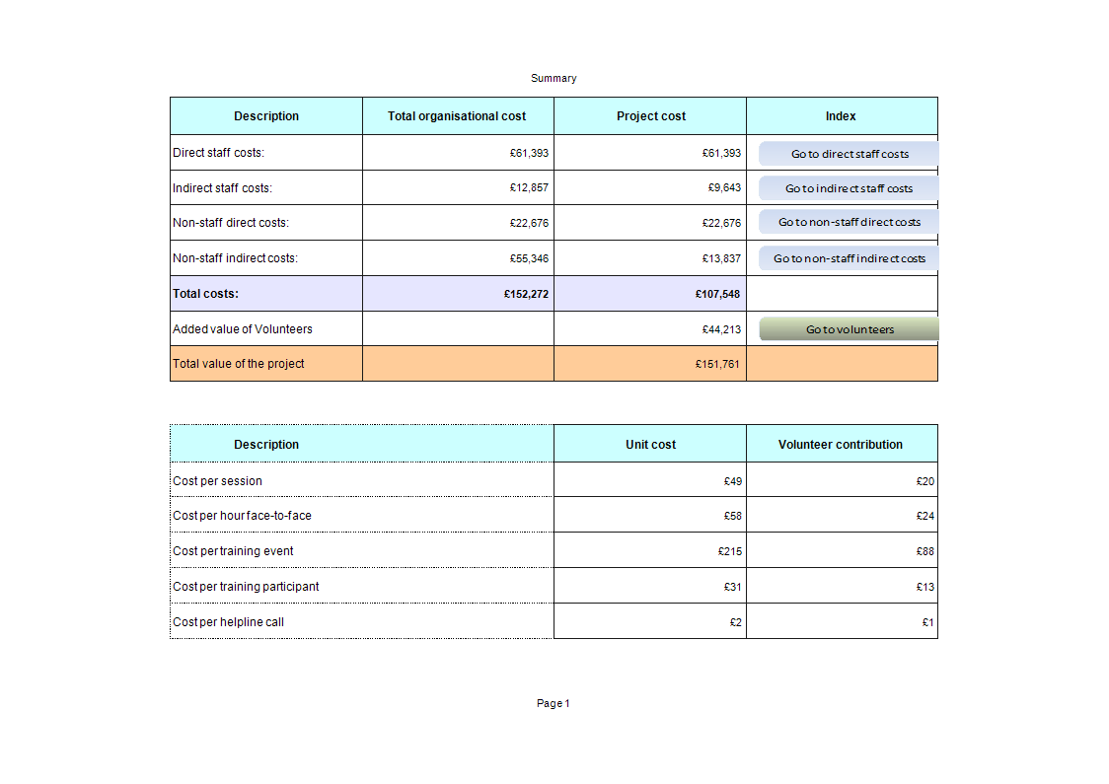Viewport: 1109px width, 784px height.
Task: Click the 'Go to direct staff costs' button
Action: (849, 154)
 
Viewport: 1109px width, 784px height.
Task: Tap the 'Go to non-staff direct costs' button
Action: (849, 222)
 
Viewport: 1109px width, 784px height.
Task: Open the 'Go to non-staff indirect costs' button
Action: (849, 258)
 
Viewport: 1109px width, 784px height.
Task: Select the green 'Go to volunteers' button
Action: (849, 329)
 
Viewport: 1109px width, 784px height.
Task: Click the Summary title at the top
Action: (554, 78)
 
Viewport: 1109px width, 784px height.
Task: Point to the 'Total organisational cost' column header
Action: (457, 116)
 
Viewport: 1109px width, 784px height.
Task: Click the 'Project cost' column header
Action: (650, 116)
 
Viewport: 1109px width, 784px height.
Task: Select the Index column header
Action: (841, 116)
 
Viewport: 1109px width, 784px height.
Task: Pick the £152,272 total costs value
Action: (526, 294)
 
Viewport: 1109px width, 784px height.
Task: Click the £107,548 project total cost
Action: (717, 294)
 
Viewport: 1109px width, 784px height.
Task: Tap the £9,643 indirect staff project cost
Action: (723, 187)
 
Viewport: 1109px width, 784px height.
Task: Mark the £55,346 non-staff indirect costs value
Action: (529, 258)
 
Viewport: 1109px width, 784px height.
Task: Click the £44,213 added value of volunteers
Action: (721, 329)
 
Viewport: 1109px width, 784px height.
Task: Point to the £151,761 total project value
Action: (717, 364)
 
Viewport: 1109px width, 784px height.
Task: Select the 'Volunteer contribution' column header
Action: (841, 445)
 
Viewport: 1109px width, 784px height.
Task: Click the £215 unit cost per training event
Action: (730, 551)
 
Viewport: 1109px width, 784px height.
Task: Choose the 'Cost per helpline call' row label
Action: (228, 622)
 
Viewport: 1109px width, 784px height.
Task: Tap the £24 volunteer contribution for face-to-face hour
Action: (924, 516)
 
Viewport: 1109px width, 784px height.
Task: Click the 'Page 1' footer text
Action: (553, 703)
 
